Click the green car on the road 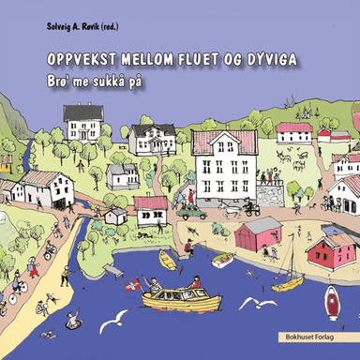[192, 213]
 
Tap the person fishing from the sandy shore [188, 247]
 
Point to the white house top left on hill [82, 123]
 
